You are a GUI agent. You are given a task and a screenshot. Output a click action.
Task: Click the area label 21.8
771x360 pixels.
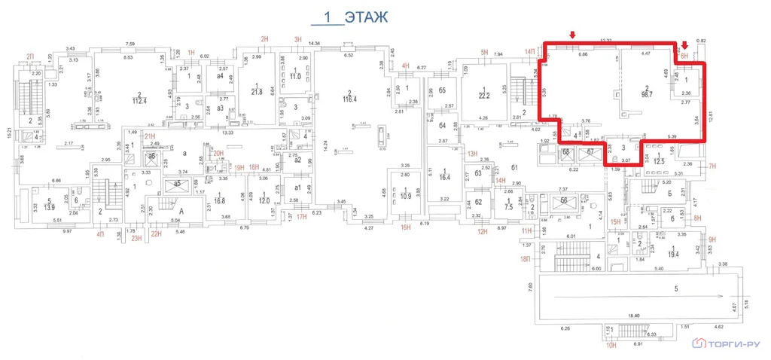click(257, 92)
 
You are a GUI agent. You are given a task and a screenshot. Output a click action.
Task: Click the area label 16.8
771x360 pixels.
click(219, 201)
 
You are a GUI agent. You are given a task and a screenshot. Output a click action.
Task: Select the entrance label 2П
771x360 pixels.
click(32, 56)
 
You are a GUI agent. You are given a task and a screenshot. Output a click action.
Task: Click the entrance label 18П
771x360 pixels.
click(525, 259)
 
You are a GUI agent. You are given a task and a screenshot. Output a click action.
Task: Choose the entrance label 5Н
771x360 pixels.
click(485, 52)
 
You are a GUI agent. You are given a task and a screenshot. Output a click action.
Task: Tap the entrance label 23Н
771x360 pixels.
click(136, 239)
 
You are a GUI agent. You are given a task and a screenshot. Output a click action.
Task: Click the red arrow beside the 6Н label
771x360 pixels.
click(684, 46)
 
